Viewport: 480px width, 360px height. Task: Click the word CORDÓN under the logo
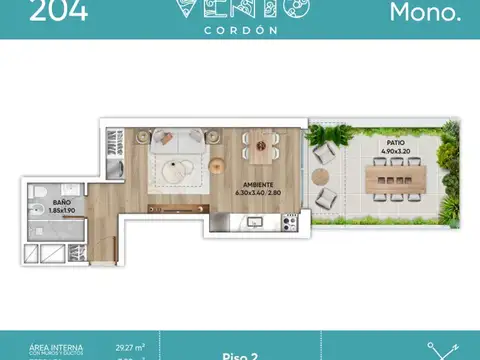coord(239,28)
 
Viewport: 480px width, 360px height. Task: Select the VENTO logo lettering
coord(240,8)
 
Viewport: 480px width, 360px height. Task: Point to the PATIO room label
coord(397,144)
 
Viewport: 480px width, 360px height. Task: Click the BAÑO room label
coord(61,203)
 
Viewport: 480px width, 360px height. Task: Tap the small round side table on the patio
coord(320,176)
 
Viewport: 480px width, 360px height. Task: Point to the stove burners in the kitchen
coord(290,222)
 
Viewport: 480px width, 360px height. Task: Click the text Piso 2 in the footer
coord(239,351)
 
